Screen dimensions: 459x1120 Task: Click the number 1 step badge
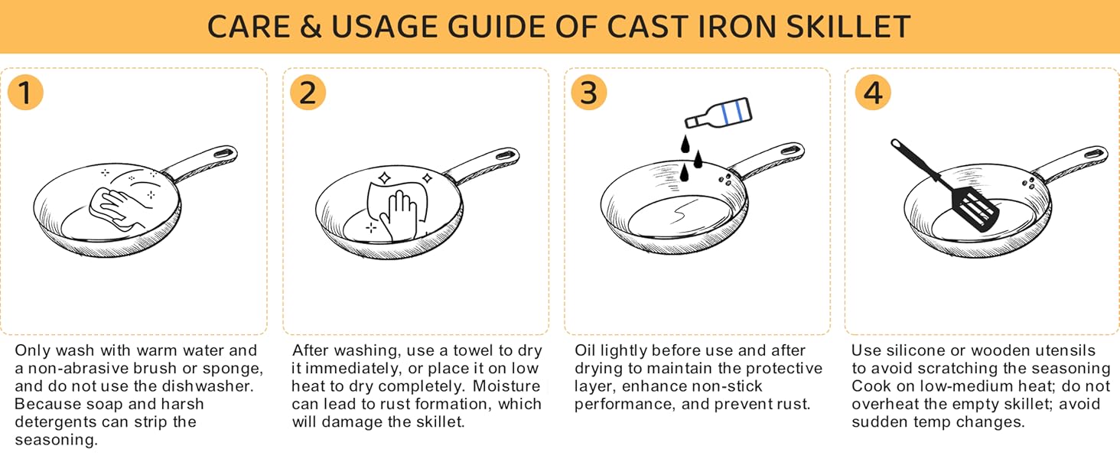click(x=25, y=93)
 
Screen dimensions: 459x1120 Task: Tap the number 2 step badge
click(x=308, y=93)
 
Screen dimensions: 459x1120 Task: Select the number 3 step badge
click(x=588, y=93)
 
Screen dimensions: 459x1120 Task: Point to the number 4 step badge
click(x=872, y=93)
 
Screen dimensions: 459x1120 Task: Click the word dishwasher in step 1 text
click(x=217, y=386)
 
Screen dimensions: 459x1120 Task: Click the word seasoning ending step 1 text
click(x=56, y=441)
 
